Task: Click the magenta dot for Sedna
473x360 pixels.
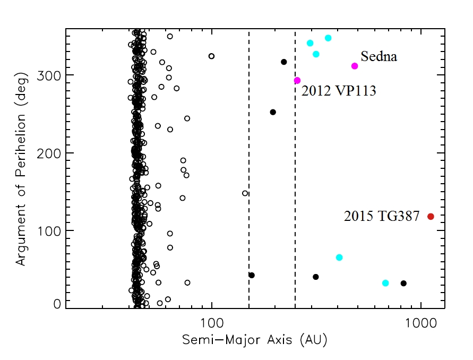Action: pos(355,66)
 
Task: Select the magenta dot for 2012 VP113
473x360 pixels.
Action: pos(297,81)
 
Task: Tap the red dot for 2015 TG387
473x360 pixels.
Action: pos(431,217)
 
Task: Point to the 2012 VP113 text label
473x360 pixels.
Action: pos(339,91)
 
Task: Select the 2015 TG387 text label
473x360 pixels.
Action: pos(382,217)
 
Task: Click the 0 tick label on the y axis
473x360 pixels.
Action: pos(56,304)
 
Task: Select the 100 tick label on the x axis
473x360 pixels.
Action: pos(212,322)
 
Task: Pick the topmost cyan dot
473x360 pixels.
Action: pos(328,38)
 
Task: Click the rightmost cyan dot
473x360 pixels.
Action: pos(385,283)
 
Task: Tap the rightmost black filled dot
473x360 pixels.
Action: pos(403,283)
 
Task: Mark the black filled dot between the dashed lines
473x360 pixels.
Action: pos(273,112)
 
